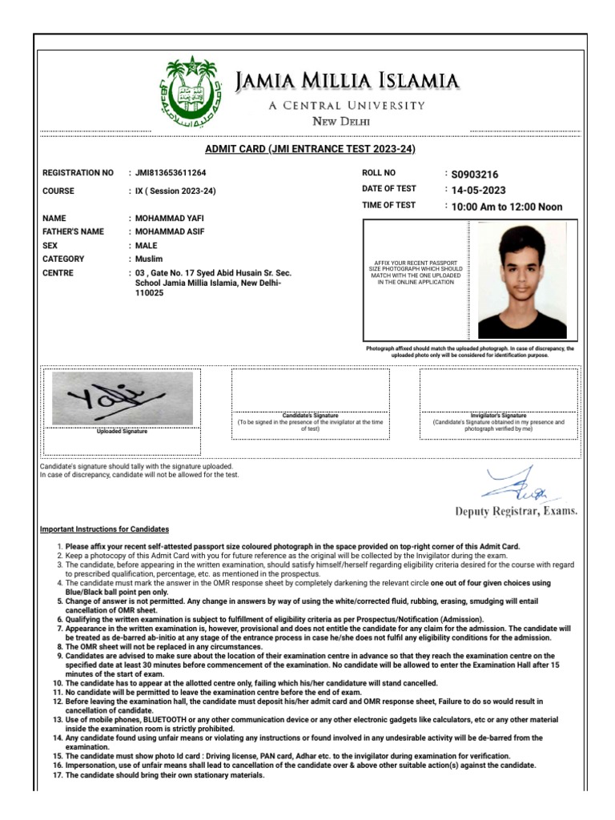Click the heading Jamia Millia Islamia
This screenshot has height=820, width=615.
point(348,80)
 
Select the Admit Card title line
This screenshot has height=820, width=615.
point(310,149)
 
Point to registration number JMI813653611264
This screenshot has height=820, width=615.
point(171,173)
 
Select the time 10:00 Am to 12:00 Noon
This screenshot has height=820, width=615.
point(506,207)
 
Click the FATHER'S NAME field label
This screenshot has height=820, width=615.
point(73,232)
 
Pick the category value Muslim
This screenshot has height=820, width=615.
point(148,259)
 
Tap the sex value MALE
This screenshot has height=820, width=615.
point(146,246)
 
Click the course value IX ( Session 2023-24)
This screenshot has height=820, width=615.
point(175,191)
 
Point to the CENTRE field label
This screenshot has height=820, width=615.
point(58,273)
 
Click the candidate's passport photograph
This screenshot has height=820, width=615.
point(521,280)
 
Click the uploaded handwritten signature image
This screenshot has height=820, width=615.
point(122,398)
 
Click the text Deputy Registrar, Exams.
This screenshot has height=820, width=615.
point(516,511)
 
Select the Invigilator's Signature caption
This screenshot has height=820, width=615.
point(498,416)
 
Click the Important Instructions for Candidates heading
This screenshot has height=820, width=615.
point(104,529)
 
